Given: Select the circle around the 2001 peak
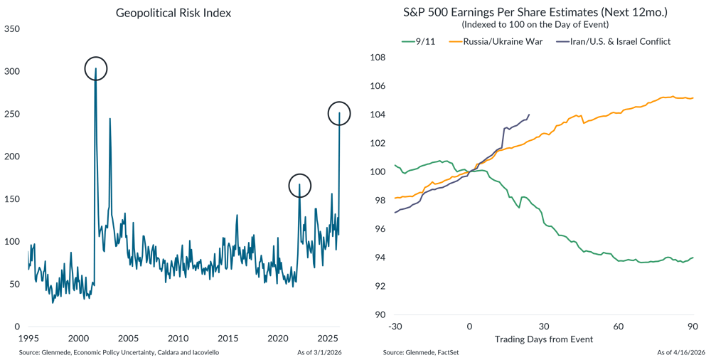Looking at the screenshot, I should (95, 69).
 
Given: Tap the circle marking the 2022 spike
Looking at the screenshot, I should (300, 186).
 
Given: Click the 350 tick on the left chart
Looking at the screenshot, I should (13, 29).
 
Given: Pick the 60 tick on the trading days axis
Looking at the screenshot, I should (618, 326).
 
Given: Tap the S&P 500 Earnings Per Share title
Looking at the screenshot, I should (544, 12).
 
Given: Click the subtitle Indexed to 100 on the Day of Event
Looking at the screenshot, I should (544, 25).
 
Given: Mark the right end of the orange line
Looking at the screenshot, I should (693, 98).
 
